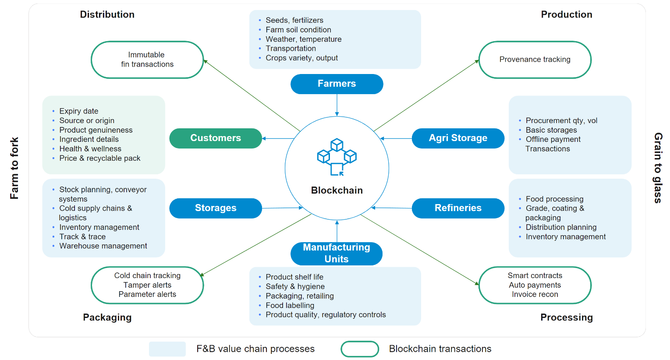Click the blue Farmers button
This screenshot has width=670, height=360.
click(x=337, y=84)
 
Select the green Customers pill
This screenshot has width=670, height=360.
click(x=216, y=138)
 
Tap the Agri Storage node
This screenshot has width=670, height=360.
click(x=458, y=138)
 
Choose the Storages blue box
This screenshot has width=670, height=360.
click(x=216, y=208)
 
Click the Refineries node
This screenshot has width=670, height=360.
click(x=458, y=208)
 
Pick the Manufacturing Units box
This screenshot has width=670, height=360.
click(x=337, y=253)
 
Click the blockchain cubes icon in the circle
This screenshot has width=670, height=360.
click(x=337, y=157)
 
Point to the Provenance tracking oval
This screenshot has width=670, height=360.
click(x=535, y=60)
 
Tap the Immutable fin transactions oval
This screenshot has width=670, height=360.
click(x=147, y=60)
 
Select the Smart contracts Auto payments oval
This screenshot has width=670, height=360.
click(x=535, y=285)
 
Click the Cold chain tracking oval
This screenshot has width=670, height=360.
click(x=147, y=285)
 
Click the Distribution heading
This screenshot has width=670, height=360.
click(x=107, y=14)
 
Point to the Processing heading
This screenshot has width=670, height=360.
click(x=566, y=318)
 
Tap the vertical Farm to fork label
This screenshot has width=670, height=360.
click(x=14, y=168)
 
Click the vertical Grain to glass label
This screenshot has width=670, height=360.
click(x=658, y=168)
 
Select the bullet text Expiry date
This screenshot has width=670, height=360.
click(x=79, y=111)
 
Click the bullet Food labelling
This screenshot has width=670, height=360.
click(x=290, y=305)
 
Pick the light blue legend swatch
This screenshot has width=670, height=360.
click(x=167, y=349)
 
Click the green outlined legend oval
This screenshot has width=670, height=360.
click(x=360, y=349)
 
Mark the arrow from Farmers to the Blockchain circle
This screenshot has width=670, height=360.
click(x=337, y=105)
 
